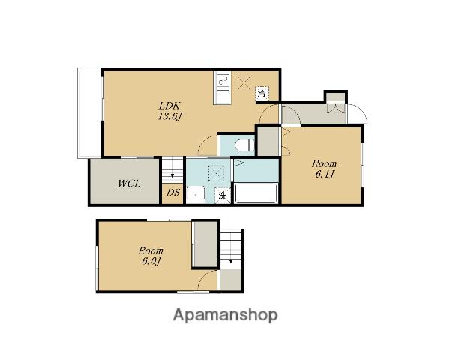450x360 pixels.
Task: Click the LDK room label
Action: click(x=169, y=106)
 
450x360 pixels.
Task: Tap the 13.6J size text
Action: click(x=170, y=116)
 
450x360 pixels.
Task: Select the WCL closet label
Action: click(x=129, y=184)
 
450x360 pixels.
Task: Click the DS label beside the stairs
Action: click(x=173, y=192)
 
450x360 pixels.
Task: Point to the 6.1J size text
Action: click(x=325, y=175)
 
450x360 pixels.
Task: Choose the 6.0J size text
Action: click(x=151, y=261)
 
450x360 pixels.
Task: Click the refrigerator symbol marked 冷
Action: click(x=262, y=93)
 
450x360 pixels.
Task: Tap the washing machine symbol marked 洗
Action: click(x=223, y=196)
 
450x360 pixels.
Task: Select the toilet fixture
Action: click(x=244, y=145)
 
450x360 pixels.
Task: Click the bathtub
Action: click(x=256, y=193)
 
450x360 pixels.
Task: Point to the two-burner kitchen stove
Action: click(x=223, y=80)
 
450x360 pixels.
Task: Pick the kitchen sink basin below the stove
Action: click(x=223, y=97)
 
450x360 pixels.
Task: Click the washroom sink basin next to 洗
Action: click(x=196, y=194)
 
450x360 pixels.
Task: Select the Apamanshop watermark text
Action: click(x=225, y=315)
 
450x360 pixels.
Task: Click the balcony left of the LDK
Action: click(x=89, y=113)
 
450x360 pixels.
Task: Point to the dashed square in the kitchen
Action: click(x=244, y=82)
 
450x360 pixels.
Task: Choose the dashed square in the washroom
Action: click(x=217, y=173)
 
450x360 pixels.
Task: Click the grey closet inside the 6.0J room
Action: click(x=205, y=244)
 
